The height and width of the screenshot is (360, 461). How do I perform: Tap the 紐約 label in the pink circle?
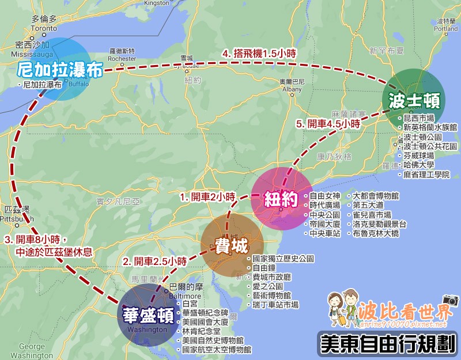[x=281, y=199]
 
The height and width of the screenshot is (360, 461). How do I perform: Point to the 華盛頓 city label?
[x=149, y=316]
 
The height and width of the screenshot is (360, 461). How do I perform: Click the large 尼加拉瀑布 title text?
[x=60, y=70]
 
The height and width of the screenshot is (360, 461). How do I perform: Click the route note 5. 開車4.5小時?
[x=328, y=123]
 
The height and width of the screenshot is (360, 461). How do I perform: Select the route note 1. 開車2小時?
[x=208, y=197]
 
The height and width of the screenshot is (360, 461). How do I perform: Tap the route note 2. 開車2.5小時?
[x=155, y=260]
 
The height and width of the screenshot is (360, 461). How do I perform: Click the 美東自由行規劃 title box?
[x=387, y=343]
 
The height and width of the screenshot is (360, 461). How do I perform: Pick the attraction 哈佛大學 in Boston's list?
[x=420, y=165]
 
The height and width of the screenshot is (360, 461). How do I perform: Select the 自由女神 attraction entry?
[x=325, y=196]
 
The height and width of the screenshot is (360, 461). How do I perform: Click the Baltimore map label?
[x=179, y=294]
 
